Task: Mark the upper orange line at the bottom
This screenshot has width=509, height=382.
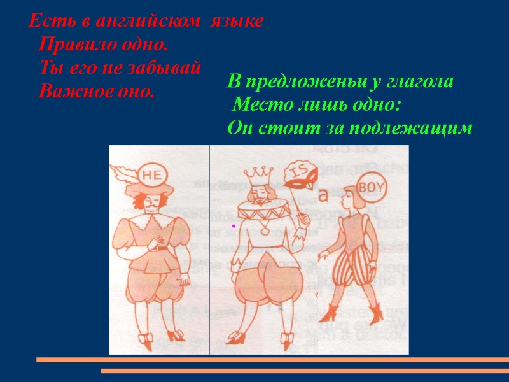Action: [x=272, y=360]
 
